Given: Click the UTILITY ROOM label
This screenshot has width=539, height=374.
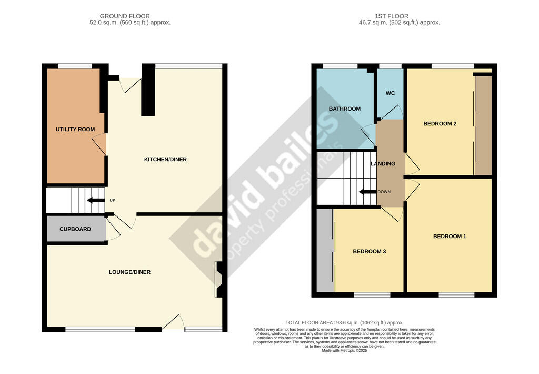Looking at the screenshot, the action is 75,130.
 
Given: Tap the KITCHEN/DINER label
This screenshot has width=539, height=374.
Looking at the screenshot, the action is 165,159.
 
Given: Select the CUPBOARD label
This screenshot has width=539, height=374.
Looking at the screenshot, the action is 75,229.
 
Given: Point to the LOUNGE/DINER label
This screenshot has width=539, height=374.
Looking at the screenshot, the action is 129,272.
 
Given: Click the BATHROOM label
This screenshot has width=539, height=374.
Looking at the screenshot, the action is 345,109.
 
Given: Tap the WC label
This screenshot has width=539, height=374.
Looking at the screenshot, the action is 390,93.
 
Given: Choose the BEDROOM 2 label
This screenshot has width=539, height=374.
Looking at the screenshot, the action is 440,124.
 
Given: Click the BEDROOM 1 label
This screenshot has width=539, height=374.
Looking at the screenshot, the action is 450,237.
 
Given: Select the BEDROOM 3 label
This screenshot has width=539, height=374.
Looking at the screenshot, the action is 370,251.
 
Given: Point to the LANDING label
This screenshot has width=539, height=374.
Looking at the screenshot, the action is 383,164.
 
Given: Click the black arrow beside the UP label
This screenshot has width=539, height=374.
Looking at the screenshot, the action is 96,200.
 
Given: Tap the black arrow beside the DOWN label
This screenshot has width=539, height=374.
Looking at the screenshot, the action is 367,192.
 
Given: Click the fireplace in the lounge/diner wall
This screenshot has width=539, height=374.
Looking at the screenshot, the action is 219,279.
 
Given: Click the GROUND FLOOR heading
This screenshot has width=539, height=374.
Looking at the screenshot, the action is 125,16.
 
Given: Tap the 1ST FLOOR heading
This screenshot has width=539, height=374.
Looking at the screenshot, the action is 392,16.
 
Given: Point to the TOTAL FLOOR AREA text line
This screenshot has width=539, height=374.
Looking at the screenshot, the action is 344,323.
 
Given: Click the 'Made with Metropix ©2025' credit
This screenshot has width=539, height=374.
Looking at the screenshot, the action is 344,351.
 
